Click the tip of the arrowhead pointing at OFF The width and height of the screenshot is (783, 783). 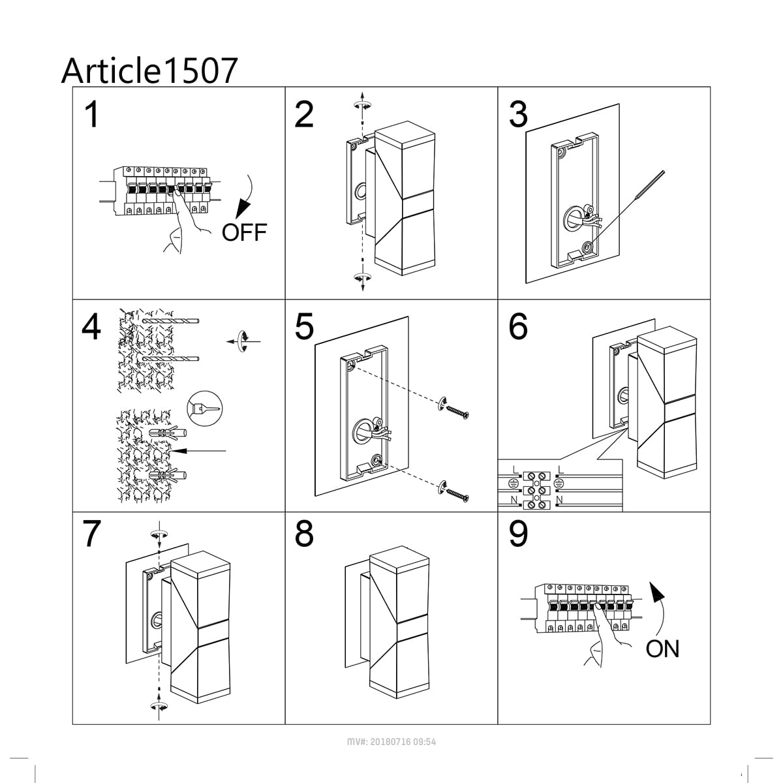[x=237, y=217]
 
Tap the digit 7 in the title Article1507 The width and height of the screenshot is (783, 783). [x=226, y=70]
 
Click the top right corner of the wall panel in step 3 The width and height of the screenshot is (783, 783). [x=619, y=104]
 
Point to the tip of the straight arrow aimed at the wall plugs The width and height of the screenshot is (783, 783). [x=172, y=451]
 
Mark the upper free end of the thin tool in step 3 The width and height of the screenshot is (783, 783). [x=664, y=172]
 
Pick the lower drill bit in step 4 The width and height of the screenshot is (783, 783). [x=171, y=359]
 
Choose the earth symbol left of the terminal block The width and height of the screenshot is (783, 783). [x=514, y=484]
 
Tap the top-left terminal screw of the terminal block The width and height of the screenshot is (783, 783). [x=531, y=476]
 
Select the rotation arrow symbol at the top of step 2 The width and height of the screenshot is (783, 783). [x=362, y=106]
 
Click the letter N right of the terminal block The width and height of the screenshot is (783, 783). [x=559, y=500]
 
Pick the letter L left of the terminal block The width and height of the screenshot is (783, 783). [x=515, y=470]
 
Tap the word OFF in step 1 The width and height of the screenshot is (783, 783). [x=244, y=232]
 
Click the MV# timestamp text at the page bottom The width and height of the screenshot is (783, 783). [x=391, y=742]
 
